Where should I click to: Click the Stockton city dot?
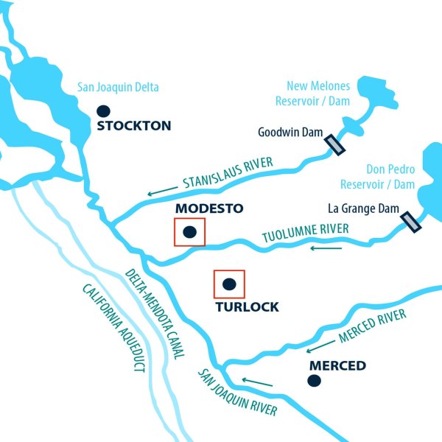pos(104,111)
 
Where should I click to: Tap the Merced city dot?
pos(315,380)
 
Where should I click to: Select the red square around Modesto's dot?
pos(189,231)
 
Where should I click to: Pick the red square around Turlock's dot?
pos(228,284)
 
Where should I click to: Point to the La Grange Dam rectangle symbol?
pos(410,222)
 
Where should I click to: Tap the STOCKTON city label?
pos(134,126)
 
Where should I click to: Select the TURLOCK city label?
pos(247,307)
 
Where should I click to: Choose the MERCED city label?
pos(337,366)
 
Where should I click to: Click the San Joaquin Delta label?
pos(118,88)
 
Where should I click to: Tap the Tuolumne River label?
pos(306,234)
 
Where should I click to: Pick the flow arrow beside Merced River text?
pos(318,345)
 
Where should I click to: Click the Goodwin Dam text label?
pos(288,133)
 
